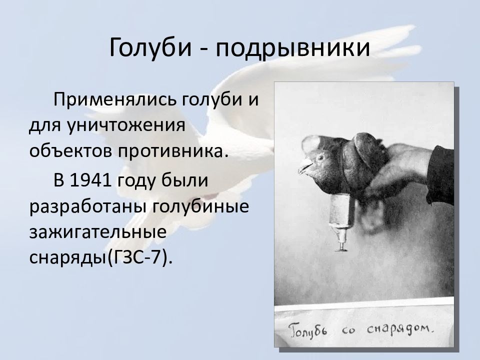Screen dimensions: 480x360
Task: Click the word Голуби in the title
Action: click(x=150, y=47)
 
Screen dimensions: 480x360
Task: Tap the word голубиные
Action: click(x=200, y=207)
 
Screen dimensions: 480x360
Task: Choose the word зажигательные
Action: click(x=98, y=231)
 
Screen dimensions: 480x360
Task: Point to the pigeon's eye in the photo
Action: click(x=320, y=157)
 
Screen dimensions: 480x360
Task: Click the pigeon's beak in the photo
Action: click(x=305, y=167)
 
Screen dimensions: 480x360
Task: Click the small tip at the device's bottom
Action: click(x=341, y=247)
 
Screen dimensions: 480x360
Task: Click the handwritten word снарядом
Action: click(x=400, y=329)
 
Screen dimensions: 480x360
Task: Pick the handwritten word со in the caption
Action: click(x=348, y=330)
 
